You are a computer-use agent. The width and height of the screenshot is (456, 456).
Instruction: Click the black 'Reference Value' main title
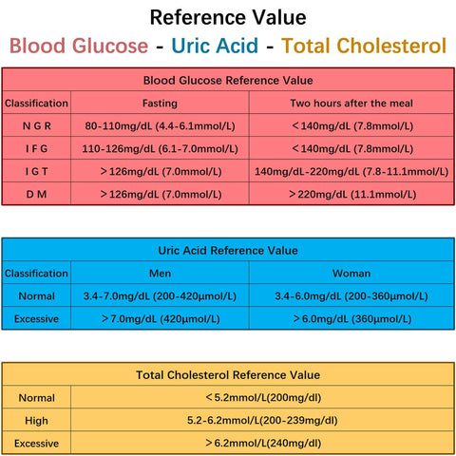click(x=228, y=17)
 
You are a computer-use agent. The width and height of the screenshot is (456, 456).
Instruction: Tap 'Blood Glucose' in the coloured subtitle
click(x=79, y=46)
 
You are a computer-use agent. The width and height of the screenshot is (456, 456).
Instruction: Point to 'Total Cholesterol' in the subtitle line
click(x=364, y=46)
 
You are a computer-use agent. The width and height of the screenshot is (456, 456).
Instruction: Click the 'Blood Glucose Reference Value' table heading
click(x=227, y=81)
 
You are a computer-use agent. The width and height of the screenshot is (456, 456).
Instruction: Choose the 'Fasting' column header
click(x=159, y=103)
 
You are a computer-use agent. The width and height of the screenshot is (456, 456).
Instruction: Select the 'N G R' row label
click(x=37, y=125)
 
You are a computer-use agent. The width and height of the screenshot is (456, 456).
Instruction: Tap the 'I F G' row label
click(x=37, y=148)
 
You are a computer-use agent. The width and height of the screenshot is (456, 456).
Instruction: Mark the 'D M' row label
click(x=37, y=194)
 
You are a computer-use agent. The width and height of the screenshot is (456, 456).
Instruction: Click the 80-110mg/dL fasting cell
click(x=159, y=125)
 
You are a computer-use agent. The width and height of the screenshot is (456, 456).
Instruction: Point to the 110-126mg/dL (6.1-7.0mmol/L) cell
click(x=159, y=148)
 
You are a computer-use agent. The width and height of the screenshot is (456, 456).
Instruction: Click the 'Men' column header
click(x=159, y=273)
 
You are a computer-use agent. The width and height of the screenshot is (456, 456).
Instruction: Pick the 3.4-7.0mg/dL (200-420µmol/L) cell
click(x=159, y=296)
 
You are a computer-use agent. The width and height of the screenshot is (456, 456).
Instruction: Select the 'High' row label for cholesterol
click(x=37, y=420)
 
